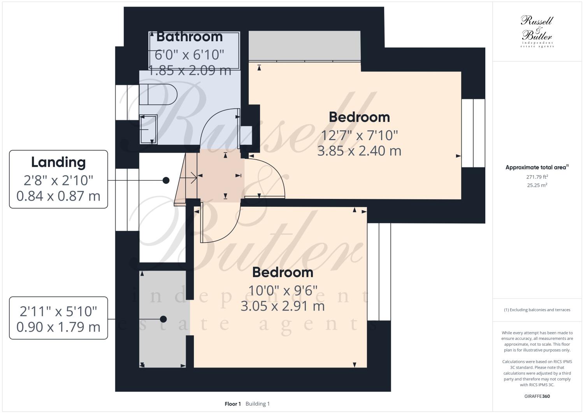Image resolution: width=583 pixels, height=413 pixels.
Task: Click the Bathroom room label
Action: (190, 37)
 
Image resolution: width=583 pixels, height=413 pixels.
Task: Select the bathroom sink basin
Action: (148, 129)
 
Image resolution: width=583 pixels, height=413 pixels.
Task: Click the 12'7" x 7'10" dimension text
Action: (359, 135)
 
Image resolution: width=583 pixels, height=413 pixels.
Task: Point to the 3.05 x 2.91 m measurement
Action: (283, 306)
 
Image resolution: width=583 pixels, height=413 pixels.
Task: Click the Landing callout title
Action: (58, 162)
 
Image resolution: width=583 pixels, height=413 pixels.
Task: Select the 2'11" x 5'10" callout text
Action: (58, 311)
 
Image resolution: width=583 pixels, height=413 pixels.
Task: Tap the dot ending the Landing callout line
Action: (166, 180)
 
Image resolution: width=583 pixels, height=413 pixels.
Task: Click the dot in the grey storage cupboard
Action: (163, 319)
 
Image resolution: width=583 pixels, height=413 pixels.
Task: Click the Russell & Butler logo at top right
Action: (537, 31)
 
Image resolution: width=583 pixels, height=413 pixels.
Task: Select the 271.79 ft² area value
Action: (537, 177)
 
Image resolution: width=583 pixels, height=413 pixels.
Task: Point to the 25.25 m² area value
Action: (537, 185)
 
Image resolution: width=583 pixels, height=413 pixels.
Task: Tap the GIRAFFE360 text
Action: (537, 397)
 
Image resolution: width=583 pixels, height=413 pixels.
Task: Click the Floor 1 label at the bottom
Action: (233, 404)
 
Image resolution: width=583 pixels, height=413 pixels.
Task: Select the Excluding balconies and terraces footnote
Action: (537, 310)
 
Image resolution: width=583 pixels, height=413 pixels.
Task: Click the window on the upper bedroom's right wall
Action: (473, 133)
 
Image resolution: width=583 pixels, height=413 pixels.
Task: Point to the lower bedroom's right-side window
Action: (379, 272)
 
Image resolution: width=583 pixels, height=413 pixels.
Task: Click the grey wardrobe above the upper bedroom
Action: (304, 46)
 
